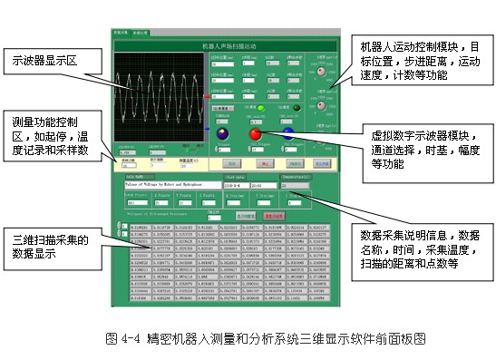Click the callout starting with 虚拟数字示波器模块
418,144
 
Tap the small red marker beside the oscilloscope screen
209,93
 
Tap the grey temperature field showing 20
294,184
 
